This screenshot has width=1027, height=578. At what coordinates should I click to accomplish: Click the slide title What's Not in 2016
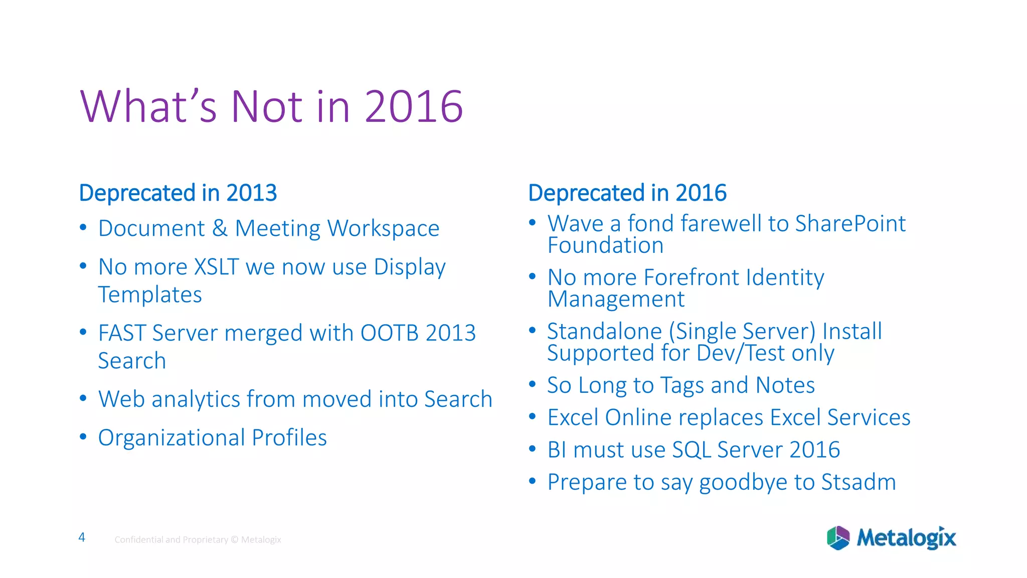271,106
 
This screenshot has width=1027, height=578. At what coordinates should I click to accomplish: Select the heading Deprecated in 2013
178,193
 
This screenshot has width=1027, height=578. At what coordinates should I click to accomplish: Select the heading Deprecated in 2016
627,193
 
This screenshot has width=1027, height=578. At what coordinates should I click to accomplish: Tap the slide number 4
82,537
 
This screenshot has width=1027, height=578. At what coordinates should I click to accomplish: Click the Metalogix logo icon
838,538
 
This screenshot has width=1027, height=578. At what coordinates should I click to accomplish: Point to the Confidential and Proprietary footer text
198,540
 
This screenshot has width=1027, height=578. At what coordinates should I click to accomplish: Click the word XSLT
216,267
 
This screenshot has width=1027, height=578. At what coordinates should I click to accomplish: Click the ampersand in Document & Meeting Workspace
220,229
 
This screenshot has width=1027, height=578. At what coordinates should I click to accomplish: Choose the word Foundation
605,246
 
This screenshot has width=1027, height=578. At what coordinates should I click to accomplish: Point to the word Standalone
604,332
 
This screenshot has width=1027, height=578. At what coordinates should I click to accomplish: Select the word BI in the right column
557,450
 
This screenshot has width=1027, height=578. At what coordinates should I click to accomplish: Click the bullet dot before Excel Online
533,416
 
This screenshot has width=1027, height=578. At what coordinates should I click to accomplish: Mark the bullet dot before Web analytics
83,398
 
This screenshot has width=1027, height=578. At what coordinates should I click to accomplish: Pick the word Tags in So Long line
681,385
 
